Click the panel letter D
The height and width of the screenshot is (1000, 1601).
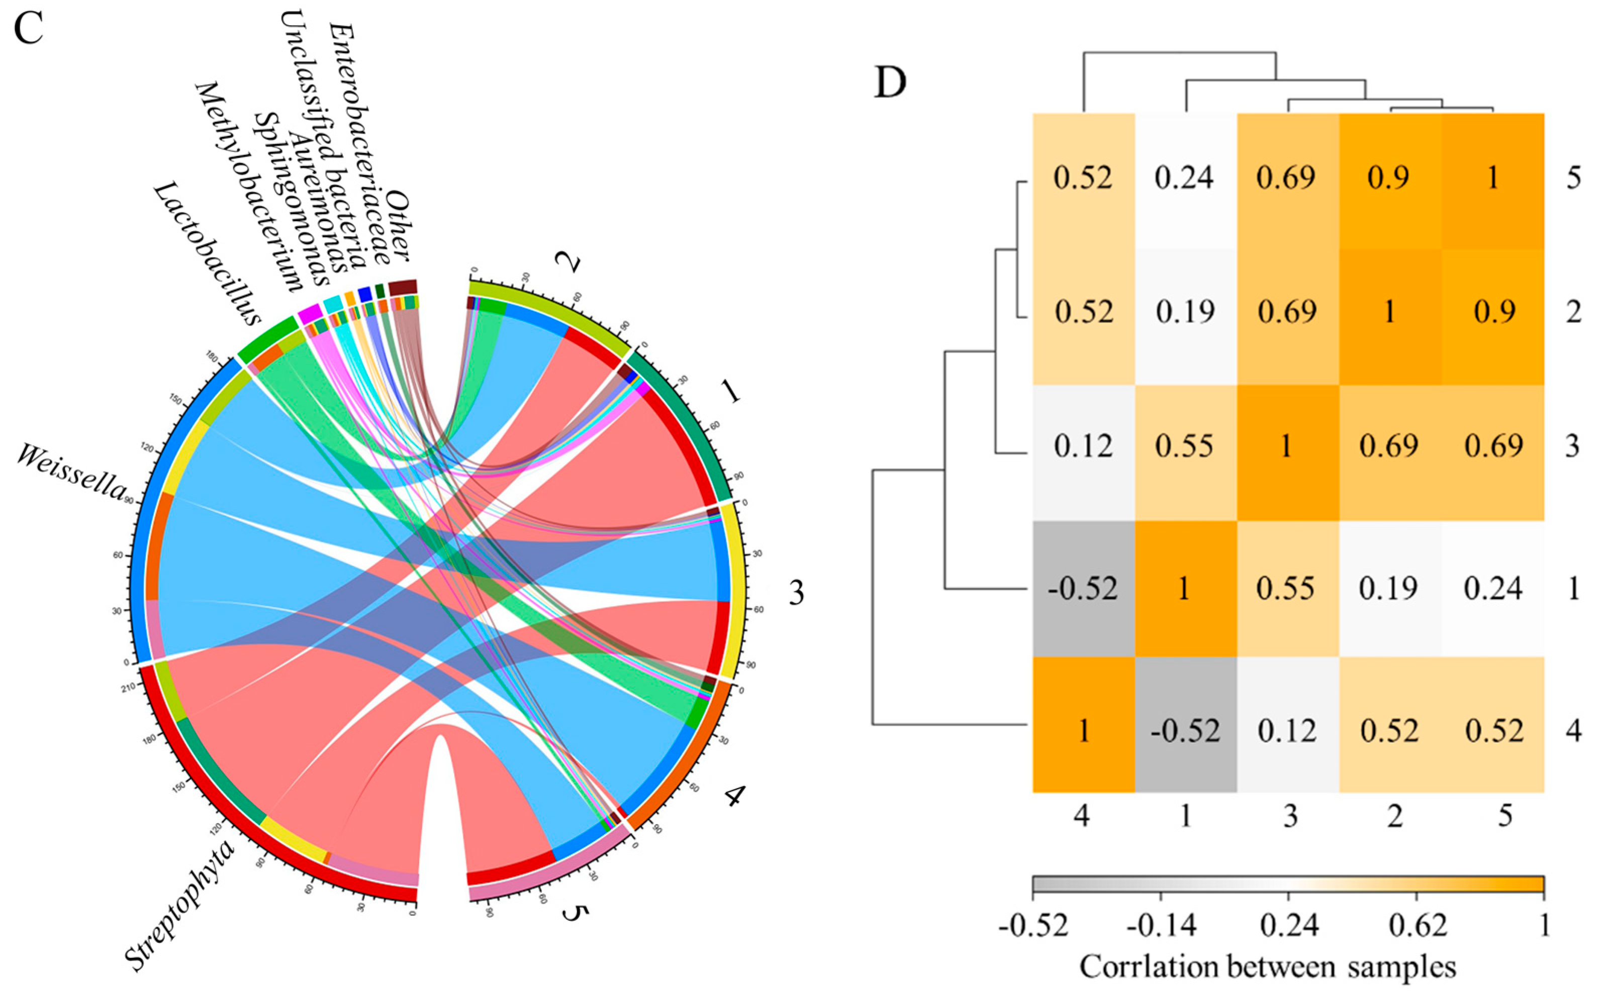(890, 82)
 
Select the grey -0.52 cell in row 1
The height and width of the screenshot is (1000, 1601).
(1083, 588)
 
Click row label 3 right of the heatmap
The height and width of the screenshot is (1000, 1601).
(1573, 447)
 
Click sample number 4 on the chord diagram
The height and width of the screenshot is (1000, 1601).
(733, 796)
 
